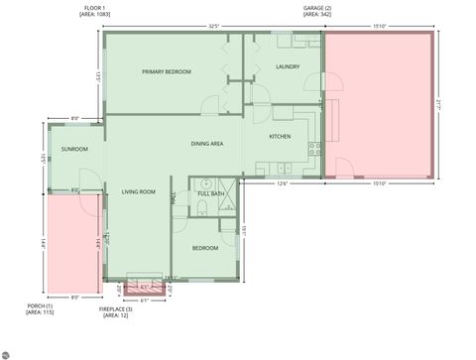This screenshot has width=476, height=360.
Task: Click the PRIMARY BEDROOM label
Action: (x=166, y=72)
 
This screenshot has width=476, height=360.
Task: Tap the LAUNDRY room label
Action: (x=288, y=67)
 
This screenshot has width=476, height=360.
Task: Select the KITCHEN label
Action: (x=280, y=137)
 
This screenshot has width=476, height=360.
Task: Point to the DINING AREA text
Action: (x=207, y=145)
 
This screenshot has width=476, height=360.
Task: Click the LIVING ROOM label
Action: (x=138, y=191)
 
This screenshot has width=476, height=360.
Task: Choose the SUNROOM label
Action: (x=74, y=150)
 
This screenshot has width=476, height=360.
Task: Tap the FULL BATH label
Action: (x=211, y=194)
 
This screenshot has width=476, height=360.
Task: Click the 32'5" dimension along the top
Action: (x=213, y=27)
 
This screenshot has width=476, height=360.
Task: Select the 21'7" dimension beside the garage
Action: (x=437, y=103)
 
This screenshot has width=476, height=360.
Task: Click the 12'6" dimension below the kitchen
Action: (x=282, y=182)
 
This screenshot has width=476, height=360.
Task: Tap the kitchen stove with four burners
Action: (x=314, y=150)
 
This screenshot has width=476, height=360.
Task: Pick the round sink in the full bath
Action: (x=205, y=183)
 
